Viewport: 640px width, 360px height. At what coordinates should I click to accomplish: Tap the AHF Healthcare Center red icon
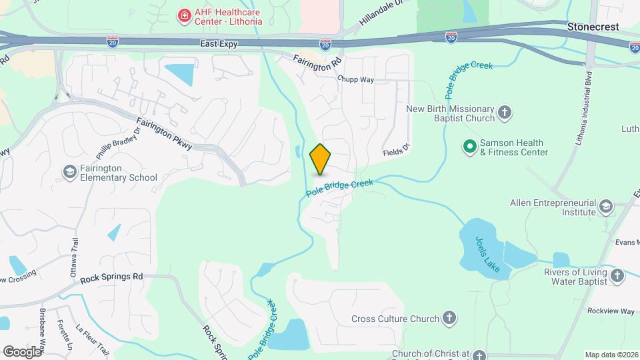(x=181, y=15)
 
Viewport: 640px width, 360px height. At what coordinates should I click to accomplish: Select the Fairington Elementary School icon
(x=69, y=172)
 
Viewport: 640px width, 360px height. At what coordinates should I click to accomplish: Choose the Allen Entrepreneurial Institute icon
(x=605, y=205)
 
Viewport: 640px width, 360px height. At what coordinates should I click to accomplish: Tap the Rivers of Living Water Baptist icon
(x=617, y=275)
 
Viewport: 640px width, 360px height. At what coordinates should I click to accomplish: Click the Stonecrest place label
(x=593, y=27)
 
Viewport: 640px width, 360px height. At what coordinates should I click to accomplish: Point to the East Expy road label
(x=219, y=44)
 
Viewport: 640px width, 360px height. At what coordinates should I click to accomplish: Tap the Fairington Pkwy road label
(x=164, y=134)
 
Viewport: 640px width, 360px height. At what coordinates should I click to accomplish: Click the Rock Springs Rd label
(x=111, y=276)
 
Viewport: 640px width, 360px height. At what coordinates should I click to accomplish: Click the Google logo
(x=22, y=351)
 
